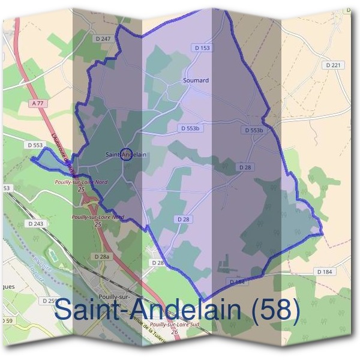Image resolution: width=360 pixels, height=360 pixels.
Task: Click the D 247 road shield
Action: pyautogui.click(x=103, y=38)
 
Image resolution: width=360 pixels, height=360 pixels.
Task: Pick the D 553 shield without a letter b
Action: pyautogui.click(x=35, y=145)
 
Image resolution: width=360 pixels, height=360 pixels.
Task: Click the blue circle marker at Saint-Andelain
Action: pyautogui.click(x=126, y=155)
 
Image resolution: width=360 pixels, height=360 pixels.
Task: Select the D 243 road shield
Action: pyautogui.click(x=35, y=224)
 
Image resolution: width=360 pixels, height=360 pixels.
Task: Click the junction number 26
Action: pyautogui.click(x=174, y=331)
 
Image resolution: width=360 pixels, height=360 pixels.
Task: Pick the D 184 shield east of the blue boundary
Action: pyautogui.click(x=325, y=272)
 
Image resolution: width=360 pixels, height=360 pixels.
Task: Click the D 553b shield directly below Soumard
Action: pyautogui.click(x=193, y=128)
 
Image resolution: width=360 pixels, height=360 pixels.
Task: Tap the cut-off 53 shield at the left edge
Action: pyautogui.click(x=6, y=188)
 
